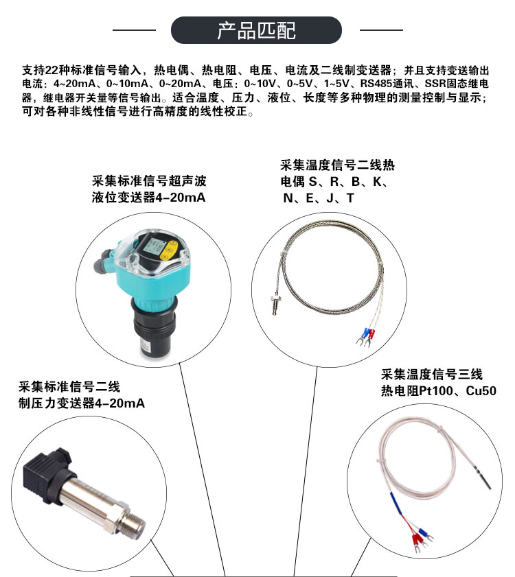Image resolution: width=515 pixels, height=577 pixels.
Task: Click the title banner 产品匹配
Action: point(256,30)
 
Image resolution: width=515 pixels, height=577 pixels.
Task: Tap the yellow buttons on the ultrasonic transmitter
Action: point(169,250)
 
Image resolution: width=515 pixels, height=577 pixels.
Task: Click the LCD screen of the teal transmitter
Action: point(151,245)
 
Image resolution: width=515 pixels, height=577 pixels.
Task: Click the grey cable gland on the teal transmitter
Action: point(104,262)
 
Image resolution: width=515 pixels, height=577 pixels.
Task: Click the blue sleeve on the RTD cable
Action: point(396,503)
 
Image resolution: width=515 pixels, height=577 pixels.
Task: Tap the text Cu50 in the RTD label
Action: point(481,390)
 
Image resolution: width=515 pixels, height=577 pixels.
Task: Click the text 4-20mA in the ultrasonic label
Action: point(180,198)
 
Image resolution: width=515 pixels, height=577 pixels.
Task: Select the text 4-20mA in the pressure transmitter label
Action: point(119,403)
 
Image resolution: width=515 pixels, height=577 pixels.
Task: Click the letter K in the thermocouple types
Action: point(377,181)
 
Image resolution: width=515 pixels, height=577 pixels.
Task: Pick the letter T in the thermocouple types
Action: point(350,198)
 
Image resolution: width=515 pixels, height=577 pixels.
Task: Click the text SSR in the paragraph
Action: point(435,84)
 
